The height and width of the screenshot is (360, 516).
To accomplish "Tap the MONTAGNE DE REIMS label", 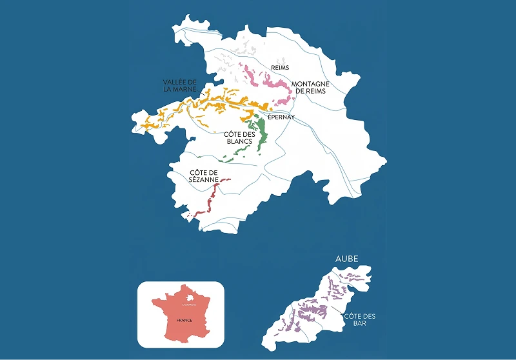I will click(310, 88).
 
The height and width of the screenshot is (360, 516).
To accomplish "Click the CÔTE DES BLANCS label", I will click(237, 137).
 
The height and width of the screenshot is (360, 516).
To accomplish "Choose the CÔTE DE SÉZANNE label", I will click(204, 175).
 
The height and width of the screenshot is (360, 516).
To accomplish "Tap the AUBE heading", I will click(346, 259).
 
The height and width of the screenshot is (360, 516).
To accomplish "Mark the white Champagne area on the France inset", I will click(188, 298).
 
